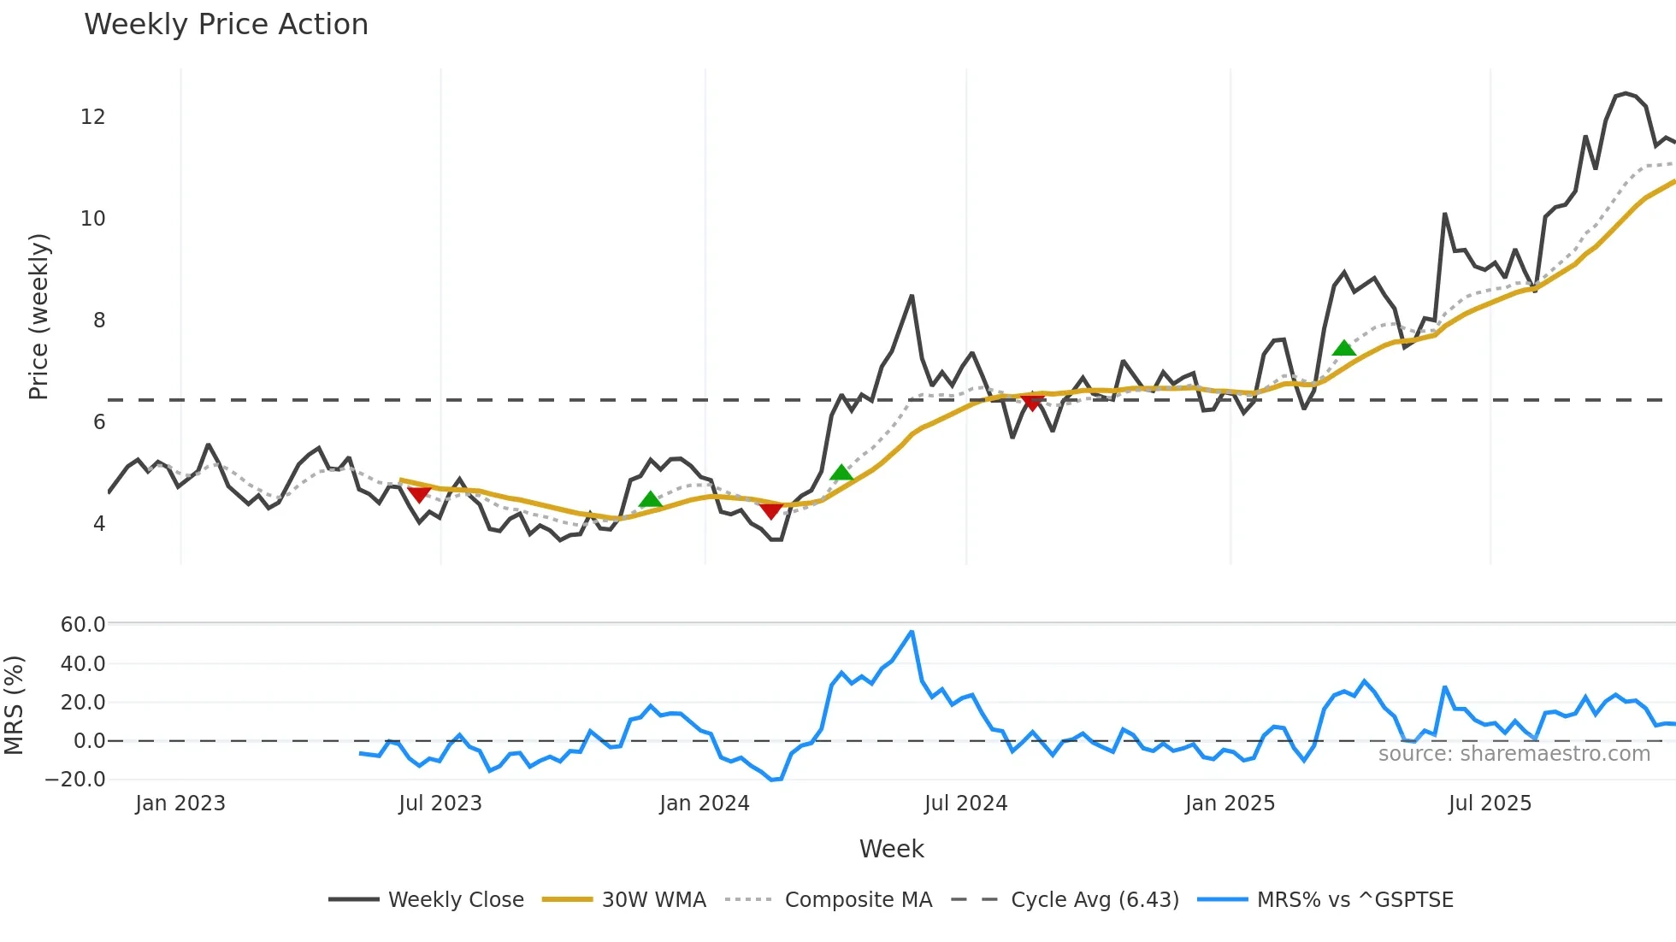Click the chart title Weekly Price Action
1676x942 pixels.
226,25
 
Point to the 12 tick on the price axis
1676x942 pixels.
92,117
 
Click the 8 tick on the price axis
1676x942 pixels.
99,321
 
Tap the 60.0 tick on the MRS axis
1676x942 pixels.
83,625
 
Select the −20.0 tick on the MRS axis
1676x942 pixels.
75,780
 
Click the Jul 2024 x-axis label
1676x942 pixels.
965,804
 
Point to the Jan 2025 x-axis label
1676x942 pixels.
1230,804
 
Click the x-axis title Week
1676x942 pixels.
891,849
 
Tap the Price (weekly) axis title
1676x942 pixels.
38,316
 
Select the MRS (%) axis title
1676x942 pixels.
14,705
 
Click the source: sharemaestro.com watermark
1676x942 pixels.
1514,754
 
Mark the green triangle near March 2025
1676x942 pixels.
1344,348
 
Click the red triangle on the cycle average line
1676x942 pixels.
1032,403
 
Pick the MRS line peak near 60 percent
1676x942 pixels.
912,632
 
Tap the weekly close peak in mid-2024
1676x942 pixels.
912,297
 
